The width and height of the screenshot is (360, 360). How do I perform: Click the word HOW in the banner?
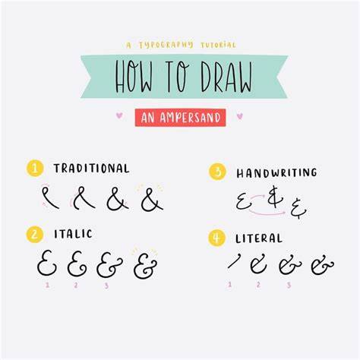click(134, 77)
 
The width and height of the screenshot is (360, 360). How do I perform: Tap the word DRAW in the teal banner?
click(226, 77)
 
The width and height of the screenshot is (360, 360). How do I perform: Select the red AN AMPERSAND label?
click(180, 118)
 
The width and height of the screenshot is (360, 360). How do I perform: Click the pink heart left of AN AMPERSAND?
click(119, 115)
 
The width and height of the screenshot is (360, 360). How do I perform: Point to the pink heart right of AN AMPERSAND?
click(240, 116)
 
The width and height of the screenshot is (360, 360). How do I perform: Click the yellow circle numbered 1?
click(35, 168)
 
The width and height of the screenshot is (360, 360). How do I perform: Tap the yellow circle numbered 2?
click(35, 234)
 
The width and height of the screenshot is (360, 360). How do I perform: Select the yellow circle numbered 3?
click(217, 172)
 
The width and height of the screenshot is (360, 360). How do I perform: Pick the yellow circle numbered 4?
click(216, 238)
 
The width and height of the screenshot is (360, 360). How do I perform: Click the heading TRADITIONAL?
click(91, 169)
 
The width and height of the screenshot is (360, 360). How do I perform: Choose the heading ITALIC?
click(73, 234)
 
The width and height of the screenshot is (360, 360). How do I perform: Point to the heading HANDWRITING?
click(276, 173)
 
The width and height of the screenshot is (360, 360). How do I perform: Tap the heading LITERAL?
click(259, 238)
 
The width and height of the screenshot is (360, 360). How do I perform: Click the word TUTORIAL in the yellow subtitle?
click(218, 46)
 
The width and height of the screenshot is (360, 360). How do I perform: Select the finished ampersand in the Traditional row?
click(152, 199)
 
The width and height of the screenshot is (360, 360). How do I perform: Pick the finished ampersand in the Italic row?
click(145, 265)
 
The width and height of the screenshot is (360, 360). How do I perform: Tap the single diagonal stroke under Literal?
click(234, 261)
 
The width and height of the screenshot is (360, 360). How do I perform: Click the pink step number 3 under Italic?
click(106, 286)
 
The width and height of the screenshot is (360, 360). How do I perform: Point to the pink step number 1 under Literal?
click(229, 285)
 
